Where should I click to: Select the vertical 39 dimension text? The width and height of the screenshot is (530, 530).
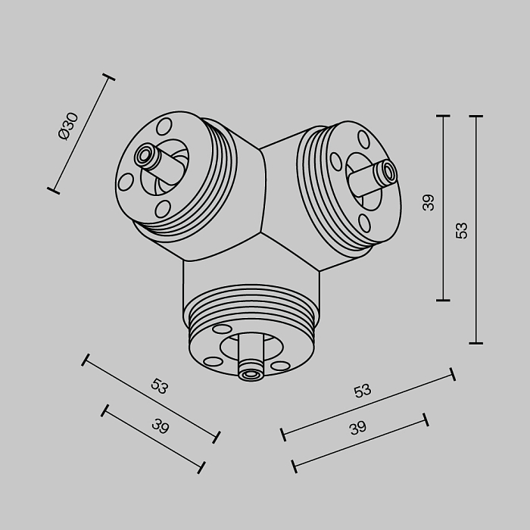pos(429,202)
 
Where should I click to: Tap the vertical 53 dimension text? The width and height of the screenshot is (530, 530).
pos(462,229)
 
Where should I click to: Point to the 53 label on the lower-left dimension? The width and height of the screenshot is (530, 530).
pos(159,386)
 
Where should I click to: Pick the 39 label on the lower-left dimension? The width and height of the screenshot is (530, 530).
pos(160,426)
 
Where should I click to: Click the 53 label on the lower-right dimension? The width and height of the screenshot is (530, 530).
pos(363,391)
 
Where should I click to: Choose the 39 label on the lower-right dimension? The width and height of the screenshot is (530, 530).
pos(357,428)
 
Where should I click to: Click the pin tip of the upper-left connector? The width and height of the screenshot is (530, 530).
pos(142,156)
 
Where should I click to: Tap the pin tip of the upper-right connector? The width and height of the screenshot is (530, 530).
pos(389,172)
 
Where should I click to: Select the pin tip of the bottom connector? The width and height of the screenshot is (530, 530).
pos(250,373)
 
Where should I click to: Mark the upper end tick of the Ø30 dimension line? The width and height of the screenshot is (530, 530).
pos(108,76)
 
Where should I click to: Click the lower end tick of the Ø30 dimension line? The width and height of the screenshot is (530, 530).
pos(53,189)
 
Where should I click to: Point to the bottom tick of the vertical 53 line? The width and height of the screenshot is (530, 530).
pos(475,343)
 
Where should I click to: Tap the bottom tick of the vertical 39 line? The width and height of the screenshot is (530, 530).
pos(443,301)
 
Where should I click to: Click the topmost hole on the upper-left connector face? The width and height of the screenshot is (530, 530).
pos(165,126)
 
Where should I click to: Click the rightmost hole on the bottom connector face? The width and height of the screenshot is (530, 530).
pos(280,366)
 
